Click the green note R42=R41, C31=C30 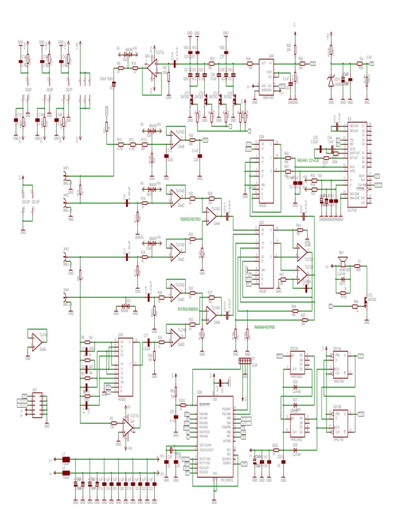(x=309, y=161)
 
